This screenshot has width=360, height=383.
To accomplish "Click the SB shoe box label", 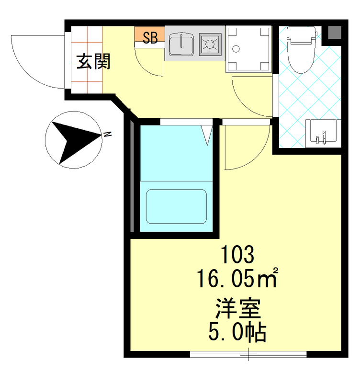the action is [150, 38].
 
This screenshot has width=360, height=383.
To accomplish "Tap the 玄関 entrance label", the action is [93, 62].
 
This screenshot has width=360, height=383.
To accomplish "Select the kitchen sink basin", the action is [181, 44].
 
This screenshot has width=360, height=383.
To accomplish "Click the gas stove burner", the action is [210, 44].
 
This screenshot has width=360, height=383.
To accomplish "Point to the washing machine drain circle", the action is [236, 49].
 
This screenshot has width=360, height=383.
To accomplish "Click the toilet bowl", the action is [301, 56].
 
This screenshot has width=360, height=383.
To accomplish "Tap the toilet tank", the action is [302, 34].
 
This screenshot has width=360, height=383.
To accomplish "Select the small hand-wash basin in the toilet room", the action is [323, 133].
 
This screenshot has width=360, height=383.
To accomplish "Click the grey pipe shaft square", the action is [334, 33].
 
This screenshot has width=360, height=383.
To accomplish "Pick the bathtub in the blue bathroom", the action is [176, 206].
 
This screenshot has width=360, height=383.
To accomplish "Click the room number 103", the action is [237, 255].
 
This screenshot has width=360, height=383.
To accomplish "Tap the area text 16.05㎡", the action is [237, 278].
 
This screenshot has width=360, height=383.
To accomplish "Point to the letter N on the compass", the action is [107, 134].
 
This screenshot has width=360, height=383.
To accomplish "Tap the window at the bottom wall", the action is [248, 354].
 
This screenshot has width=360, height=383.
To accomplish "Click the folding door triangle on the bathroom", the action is [207, 135].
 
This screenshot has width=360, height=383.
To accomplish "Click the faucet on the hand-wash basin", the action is [324, 137].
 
